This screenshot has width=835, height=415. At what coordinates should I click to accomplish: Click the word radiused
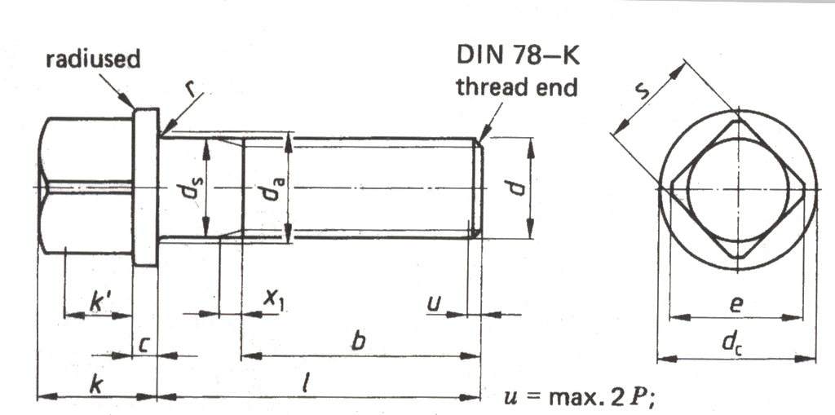[x=92, y=59]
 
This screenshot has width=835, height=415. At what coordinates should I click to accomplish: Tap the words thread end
[x=516, y=86]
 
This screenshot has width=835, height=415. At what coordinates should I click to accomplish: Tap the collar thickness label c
[x=143, y=345]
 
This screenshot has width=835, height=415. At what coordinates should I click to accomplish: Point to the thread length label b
[x=356, y=342]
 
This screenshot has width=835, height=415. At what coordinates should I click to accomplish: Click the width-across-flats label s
[x=643, y=89]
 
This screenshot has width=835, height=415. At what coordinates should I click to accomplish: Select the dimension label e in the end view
[x=736, y=303]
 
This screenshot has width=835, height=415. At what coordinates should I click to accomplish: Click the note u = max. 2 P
[x=581, y=396]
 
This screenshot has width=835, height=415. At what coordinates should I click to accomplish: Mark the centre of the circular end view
[x=737, y=189]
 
